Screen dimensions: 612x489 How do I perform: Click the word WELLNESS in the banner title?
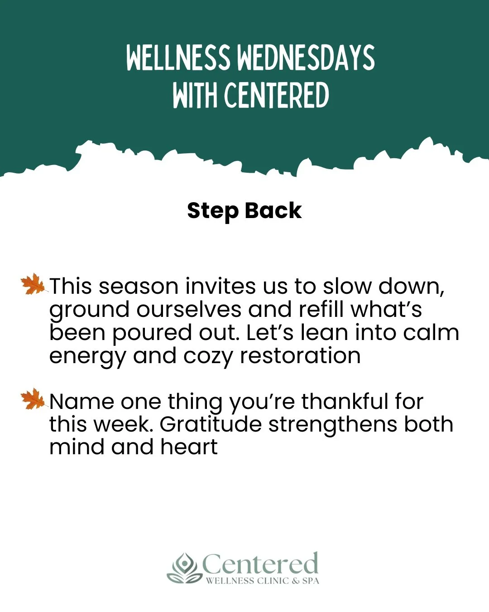[x=178, y=58]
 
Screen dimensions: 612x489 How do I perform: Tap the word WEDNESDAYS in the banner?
[x=306, y=58]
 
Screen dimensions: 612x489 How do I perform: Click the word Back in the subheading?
[x=273, y=211]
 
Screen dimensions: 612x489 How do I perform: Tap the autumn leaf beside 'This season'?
[x=34, y=284]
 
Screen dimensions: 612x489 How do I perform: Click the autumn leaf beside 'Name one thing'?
[x=34, y=399]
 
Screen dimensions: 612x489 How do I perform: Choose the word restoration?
[x=300, y=356]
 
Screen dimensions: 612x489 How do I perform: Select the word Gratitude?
[x=211, y=425]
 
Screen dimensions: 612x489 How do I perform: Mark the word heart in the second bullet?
[x=189, y=447]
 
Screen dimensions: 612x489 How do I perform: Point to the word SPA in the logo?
[x=311, y=581]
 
